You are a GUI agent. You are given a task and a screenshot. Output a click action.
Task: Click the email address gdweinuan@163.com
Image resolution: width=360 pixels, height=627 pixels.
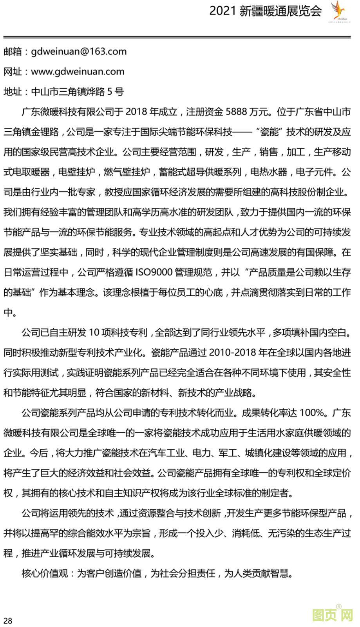pos(78,51)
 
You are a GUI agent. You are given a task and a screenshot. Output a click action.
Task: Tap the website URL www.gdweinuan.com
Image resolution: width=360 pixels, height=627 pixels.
pos(78,71)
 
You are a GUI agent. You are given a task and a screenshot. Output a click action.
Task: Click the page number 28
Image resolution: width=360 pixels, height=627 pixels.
pos(8,620)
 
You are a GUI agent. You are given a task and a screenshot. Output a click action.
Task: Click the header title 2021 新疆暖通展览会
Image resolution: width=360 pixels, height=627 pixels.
pos(265,11)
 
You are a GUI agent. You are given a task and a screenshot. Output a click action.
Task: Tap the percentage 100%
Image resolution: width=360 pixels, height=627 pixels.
pos(312,413)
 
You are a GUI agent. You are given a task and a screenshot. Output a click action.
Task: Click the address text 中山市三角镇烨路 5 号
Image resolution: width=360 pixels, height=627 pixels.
pos(77,92)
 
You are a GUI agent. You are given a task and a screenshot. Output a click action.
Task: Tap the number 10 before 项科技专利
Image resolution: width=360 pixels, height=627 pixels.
pos(94,333)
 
